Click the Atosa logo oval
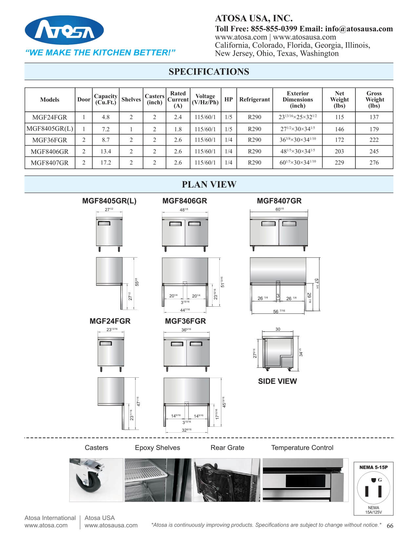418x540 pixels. pyautogui.click(x=64, y=31)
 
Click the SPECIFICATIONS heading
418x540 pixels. pyautogui.click(x=209, y=72)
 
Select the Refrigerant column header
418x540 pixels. pyautogui.click(x=254, y=99)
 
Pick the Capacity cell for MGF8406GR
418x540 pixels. pyautogui.click(x=106, y=151)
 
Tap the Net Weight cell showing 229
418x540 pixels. pyautogui.click(x=339, y=162)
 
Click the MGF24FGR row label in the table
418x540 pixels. pyautogui.click(x=50, y=117)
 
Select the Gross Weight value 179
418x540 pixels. pyautogui.click(x=374, y=129)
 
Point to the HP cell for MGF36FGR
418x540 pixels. pyautogui.click(x=229, y=140)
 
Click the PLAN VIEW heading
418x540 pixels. pyautogui.click(x=209, y=184)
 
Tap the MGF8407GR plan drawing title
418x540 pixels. pyautogui.click(x=279, y=201)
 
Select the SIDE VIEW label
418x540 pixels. pyautogui.click(x=277, y=381)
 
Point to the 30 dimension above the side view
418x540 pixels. pyautogui.click(x=278, y=329)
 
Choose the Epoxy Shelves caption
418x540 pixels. pyautogui.click(x=157, y=448)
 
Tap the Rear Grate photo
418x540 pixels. pyautogui.click(x=227, y=480)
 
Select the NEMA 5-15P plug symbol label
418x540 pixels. pyautogui.click(x=373, y=467)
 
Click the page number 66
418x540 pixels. pyautogui.click(x=390, y=526)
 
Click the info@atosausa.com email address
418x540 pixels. pyautogui.click(x=359, y=29)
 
